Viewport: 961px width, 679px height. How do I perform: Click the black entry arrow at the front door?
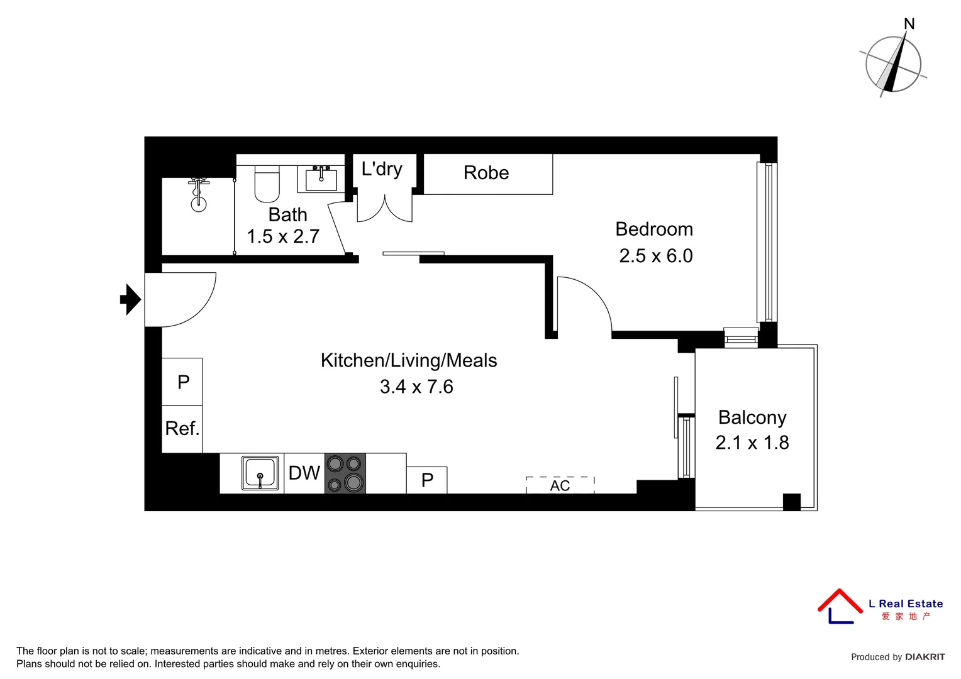[x=130, y=299]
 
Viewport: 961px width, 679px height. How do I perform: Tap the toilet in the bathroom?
[x=267, y=184]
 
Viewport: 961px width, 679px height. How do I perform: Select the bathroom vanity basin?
[x=321, y=179]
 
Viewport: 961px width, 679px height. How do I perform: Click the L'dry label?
[x=382, y=169]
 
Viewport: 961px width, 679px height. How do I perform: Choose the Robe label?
[x=486, y=173]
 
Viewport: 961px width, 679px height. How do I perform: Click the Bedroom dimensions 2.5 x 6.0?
[x=655, y=256]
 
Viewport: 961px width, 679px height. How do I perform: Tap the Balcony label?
[x=752, y=417]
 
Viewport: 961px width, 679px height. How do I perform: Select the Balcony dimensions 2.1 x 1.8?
[x=752, y=443]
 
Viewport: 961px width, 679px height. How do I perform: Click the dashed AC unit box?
[x=560, y=485]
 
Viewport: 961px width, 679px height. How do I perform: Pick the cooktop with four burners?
[x=345, y=473]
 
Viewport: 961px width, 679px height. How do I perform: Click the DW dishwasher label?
[x=304, y=473]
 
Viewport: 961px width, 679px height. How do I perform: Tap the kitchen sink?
[x=260, y=473]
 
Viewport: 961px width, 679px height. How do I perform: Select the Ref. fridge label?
[x=182, y=429]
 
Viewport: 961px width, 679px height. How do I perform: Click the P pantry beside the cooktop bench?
[x=427, y=480]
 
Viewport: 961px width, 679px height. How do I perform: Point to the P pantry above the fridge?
[x=183, y=382]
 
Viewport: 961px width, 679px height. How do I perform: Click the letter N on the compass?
[x=909, y=24]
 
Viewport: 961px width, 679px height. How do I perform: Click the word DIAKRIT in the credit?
[x=925, y=657]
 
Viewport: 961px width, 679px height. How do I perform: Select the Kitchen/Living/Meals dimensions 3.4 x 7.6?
[x=416, y=387]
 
